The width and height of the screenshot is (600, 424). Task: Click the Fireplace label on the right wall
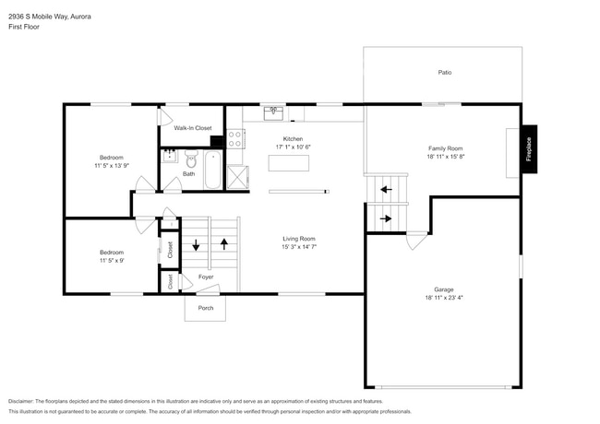pos(529,150)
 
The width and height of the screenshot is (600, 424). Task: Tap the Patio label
pos(444,72)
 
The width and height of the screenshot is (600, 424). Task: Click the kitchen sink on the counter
pos(274,113)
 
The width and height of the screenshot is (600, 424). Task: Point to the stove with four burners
pos(235,139)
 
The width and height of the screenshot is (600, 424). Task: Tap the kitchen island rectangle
pos(288,163)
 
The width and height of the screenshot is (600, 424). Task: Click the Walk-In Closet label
pos(193,128)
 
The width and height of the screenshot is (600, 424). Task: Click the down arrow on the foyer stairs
pos(196,245)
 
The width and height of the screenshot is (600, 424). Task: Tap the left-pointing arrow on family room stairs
pos(386,190)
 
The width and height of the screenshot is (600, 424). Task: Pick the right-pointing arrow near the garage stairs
pos(386,218)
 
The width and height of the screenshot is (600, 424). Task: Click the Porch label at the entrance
pos(205,308)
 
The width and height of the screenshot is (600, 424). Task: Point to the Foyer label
pos(206,277)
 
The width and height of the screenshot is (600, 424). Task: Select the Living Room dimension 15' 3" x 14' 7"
pos(299,247)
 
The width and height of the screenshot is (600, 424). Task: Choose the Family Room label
pos(445,148)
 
